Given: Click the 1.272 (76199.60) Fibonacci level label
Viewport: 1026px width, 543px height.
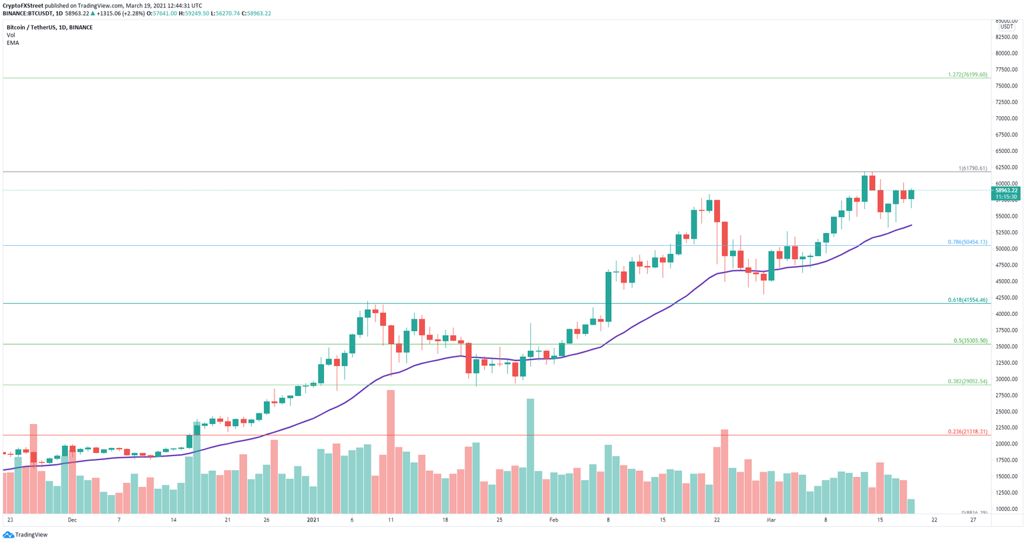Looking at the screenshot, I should point(967,75).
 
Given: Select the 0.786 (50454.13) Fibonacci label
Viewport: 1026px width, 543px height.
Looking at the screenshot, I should point(967,242).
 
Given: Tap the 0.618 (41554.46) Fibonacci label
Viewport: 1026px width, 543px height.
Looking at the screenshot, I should point(967,300).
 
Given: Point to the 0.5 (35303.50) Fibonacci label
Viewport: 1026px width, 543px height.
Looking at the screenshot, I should point(970,341).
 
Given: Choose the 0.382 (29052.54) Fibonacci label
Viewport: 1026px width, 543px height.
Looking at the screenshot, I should point(967,381).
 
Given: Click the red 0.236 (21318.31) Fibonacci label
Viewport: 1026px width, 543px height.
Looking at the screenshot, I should point(967,431).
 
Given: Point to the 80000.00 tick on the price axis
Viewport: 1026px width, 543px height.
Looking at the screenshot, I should point(1006,53).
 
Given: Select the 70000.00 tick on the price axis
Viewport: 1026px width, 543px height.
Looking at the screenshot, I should point(1006,118).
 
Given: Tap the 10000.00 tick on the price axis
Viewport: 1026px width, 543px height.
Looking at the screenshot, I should point(1006,509).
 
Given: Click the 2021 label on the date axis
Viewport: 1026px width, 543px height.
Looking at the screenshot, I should point(313,520).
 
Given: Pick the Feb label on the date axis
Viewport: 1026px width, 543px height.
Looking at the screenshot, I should point(553,520).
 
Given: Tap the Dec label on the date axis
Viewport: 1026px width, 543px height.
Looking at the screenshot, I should point(72,520).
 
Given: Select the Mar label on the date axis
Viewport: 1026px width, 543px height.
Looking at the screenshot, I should point(771,520).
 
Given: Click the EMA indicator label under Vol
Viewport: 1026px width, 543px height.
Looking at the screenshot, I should point(13,43).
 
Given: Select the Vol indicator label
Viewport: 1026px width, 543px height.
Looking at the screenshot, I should point(11,35).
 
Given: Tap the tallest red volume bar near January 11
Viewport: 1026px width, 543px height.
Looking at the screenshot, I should point(391,451).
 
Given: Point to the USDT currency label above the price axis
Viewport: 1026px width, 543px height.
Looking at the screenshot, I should point(1006,27).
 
